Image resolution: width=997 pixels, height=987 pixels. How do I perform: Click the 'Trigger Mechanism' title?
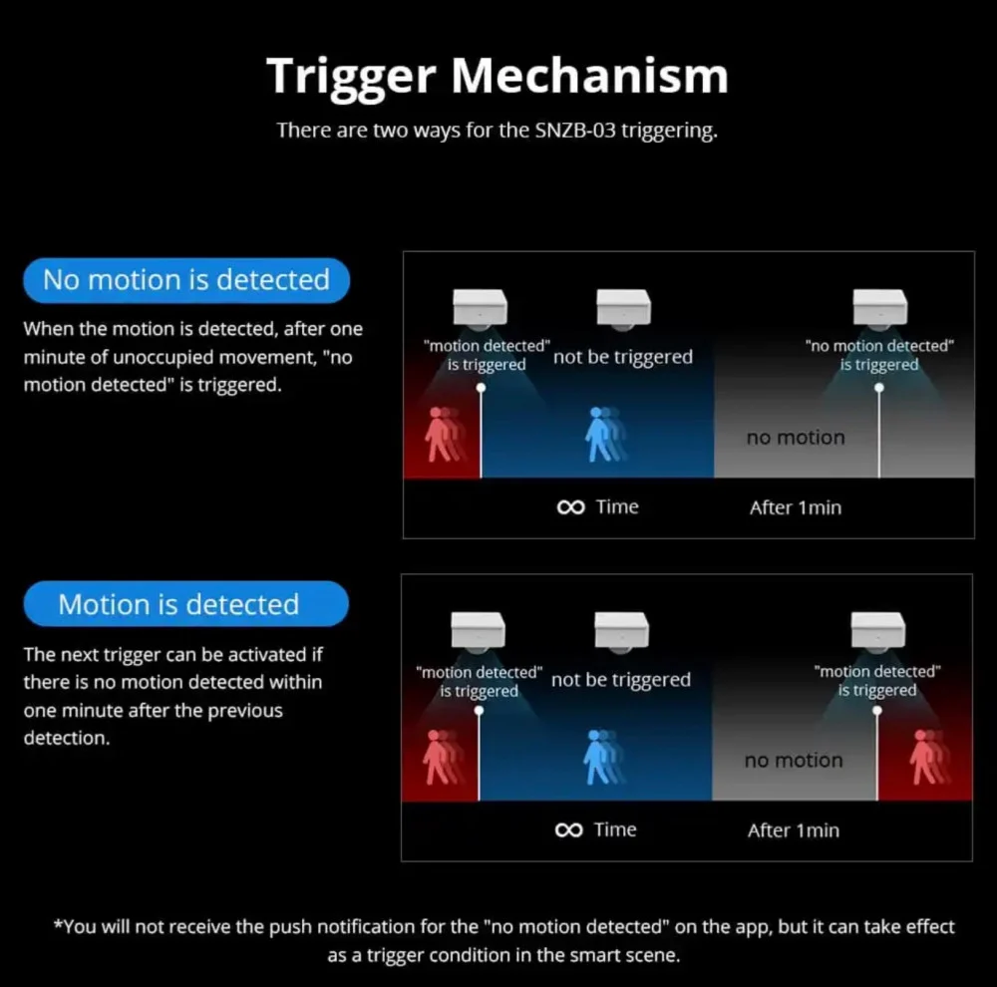[498, 77]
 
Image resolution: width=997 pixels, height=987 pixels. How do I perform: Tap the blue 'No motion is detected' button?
[186, 280]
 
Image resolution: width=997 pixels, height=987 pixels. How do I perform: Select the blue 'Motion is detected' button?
[185, 603]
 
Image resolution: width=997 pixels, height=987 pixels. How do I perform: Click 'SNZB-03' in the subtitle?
[575, 130]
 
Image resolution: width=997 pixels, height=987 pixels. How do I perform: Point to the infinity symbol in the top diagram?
[570, 506]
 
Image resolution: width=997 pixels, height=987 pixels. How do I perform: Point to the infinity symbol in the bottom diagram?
[568, 829]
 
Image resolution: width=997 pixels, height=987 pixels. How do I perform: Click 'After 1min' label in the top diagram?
[795, 507]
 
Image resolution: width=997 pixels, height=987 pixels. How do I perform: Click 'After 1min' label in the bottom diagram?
[793, 830]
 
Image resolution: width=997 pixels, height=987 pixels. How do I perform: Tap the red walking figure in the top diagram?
[444, 435]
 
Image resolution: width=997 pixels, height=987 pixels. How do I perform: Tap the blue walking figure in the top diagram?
[605, 435]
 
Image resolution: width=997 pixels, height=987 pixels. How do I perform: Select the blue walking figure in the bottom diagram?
[603, 757]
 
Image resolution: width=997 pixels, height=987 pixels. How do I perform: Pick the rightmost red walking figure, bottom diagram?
[929, 757]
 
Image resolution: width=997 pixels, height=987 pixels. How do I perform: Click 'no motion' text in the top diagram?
[796, 438]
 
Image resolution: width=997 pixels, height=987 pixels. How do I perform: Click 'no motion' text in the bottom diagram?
[794, 761]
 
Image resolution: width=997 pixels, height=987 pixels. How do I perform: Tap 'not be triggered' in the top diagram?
[623, 357]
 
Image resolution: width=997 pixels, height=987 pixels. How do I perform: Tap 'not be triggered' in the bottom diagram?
[621, 681]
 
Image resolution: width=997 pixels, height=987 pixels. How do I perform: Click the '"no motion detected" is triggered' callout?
[879, 355]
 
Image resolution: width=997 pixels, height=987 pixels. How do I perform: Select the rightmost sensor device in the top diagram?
[880, 309]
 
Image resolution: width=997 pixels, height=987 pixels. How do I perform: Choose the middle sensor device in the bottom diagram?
[622, 632]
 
